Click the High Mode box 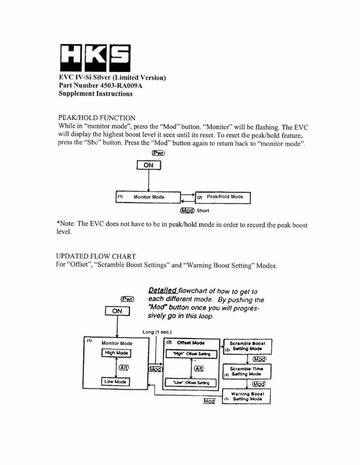(x=116, y=353)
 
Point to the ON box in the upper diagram (x=148, y=165)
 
